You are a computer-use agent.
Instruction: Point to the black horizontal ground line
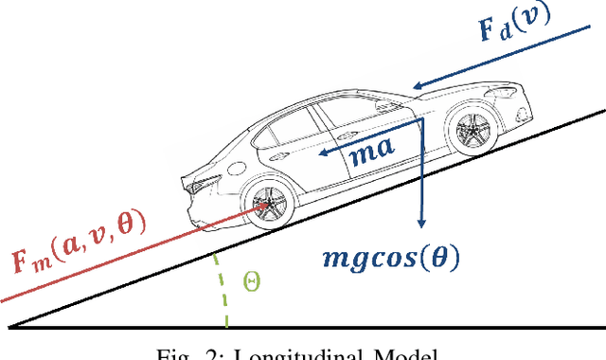point(303,329)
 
